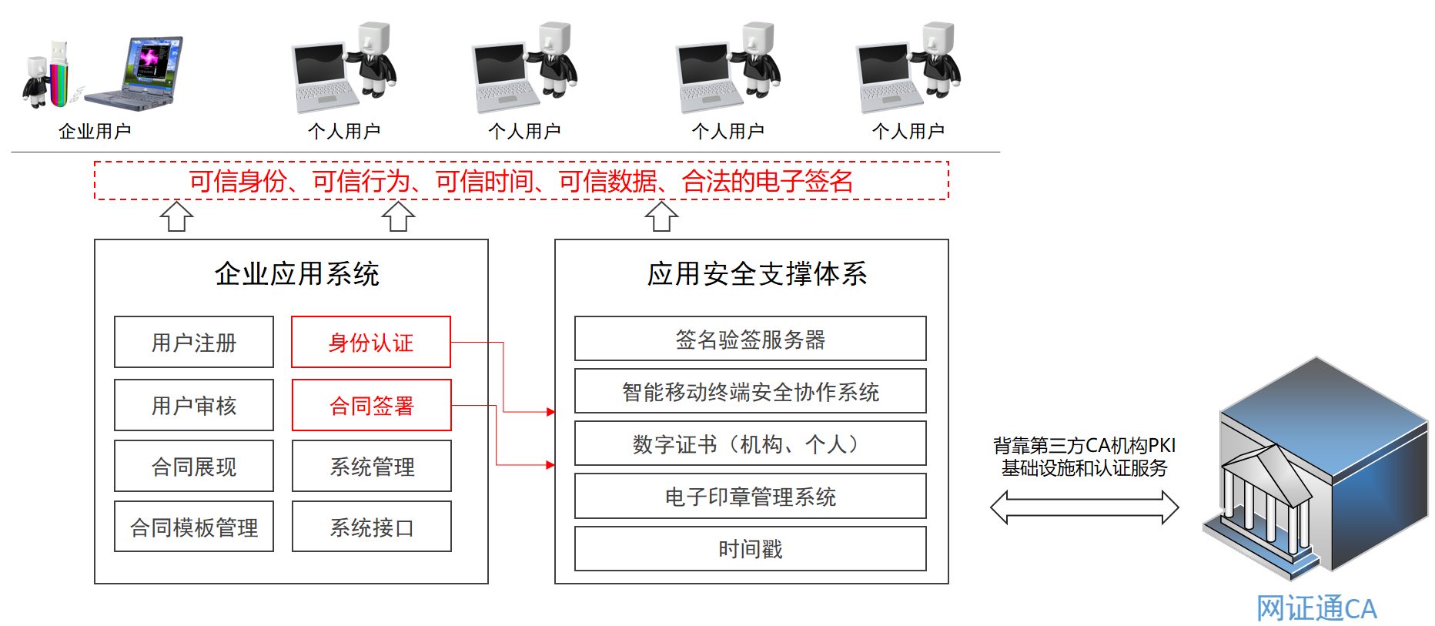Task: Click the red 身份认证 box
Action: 371,342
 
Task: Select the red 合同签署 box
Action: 372,405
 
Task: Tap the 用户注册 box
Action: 194,342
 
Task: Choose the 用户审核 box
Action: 194,405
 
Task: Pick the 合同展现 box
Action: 194,466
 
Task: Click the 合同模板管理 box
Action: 194,527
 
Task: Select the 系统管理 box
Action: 372,466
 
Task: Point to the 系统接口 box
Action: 372,527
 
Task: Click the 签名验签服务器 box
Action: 751,339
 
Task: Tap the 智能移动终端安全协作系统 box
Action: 751,391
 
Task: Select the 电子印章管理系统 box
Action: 751,497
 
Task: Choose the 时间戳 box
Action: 751,549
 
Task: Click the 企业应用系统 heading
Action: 297,273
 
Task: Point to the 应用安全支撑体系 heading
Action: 757,273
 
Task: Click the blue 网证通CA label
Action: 1316,608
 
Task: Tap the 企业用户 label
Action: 95,131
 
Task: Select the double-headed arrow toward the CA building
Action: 1084,507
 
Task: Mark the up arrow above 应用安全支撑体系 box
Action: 661,216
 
